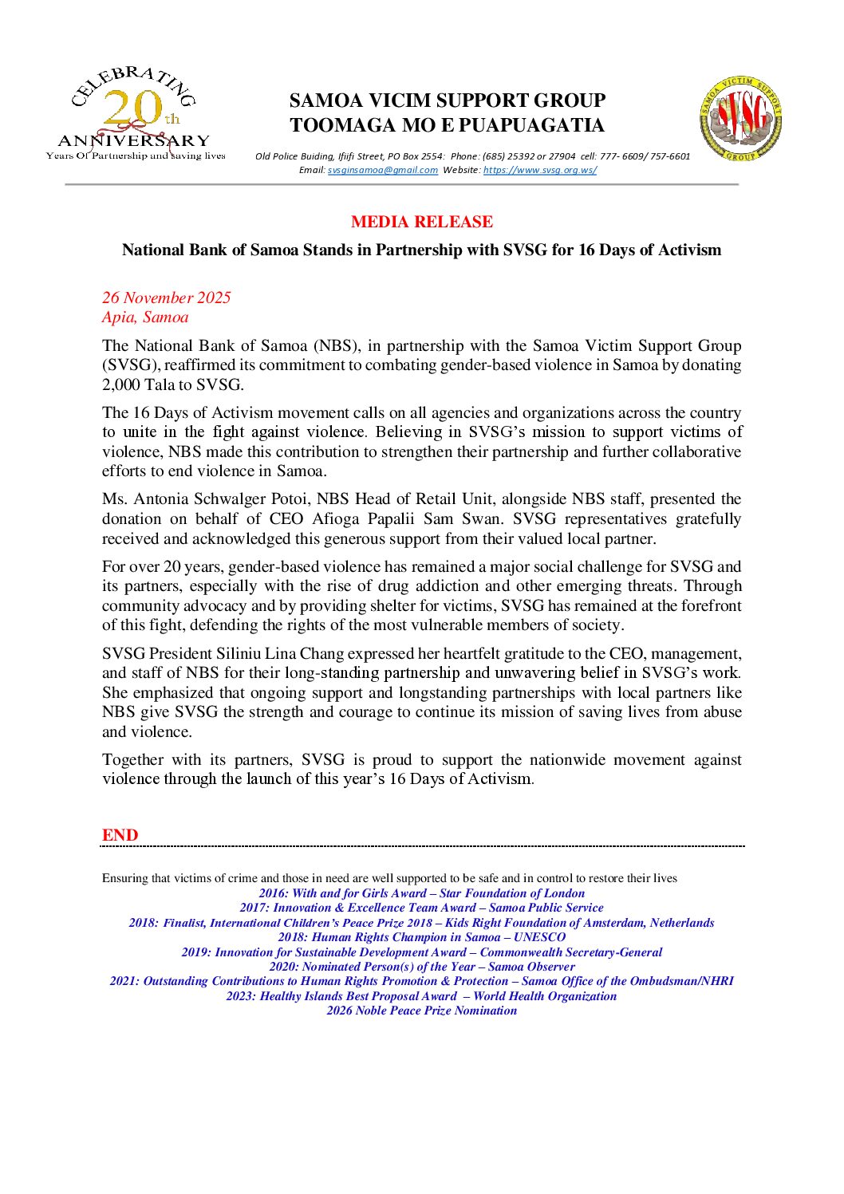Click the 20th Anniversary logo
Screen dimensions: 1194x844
point(134,114)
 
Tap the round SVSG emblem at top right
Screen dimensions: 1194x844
point(740,118)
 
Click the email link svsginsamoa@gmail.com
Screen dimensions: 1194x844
point(382,170)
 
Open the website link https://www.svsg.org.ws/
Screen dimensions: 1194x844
point(539,170)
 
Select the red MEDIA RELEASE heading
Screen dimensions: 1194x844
point(421,222)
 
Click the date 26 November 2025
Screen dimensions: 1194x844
point(166,298)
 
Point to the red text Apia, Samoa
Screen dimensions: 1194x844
point(145,317)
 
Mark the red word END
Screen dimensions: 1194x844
point(120,835)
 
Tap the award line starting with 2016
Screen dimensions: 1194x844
point(421,893)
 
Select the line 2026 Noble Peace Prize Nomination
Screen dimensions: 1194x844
point(421,1011)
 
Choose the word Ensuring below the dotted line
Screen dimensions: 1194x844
point(124,878)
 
